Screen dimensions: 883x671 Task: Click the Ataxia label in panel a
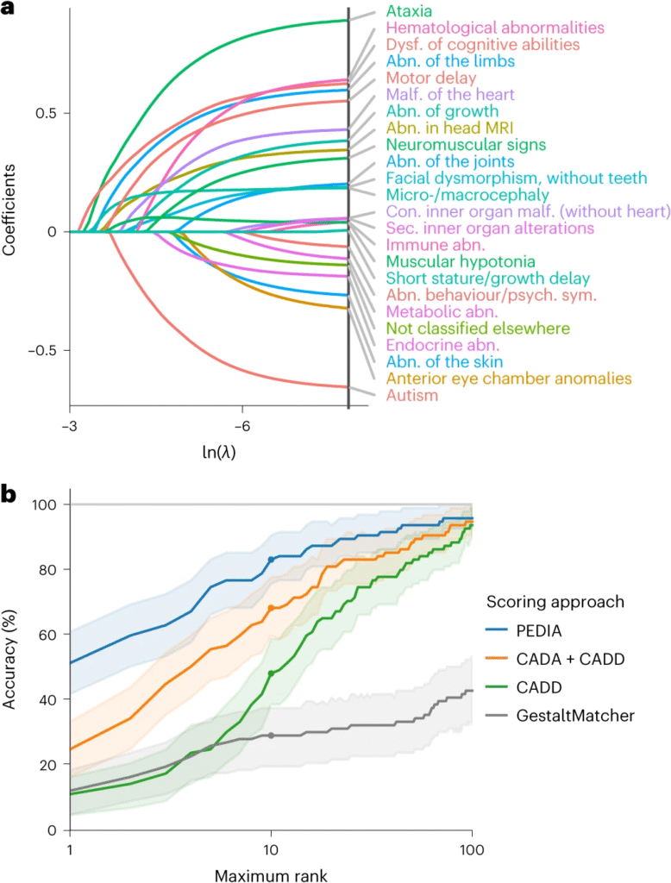(409, 12)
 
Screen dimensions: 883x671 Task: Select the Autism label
(412, 396)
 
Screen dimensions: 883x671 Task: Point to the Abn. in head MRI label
(442, 128)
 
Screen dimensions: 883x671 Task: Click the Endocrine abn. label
(442, 345)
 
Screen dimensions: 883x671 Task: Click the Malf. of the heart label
(450, 94)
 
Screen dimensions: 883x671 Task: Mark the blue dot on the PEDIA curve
(272, 560)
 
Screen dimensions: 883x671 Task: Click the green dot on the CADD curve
(272, 673)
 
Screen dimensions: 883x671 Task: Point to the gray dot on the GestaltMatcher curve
(272, 736)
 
